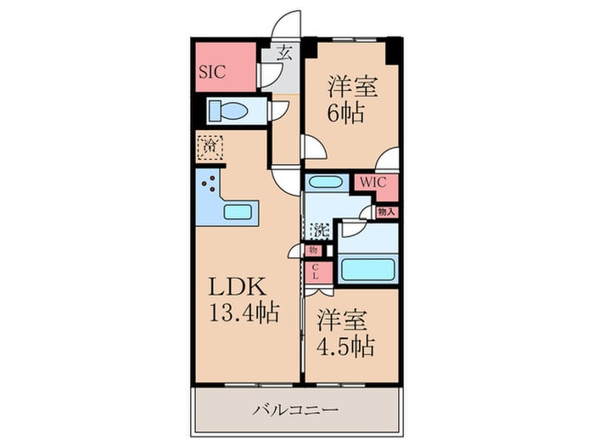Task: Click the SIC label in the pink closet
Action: [x=211, y=72]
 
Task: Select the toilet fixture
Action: [x=227, y=110]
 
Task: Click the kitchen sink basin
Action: [x=238, y=212]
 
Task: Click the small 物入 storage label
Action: [x=386, y=212]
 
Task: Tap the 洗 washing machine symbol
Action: [x=319, y=229]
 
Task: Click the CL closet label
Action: [x=314, y=273]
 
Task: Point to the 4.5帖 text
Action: [x=346, y=347]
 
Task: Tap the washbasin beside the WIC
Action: [x=322, y=181]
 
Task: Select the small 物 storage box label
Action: [x=312, y=250]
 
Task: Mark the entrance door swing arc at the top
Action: [x=289, y=24]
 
